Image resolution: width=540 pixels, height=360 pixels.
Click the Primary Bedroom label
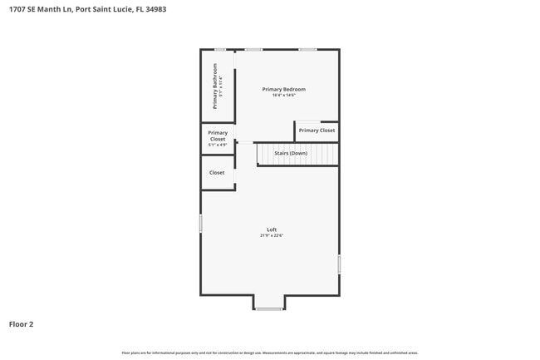click(x=283, y=89)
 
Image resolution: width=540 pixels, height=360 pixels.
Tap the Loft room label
click(x=271, y=229)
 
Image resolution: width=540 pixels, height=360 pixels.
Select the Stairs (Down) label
click(x=291, y=153)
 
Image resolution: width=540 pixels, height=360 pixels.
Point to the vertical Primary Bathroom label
click(x=215, y=86)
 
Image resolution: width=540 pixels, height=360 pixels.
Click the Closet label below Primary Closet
click(x=217, y=173)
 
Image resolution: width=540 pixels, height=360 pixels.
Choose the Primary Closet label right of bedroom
click(x=317, y=131)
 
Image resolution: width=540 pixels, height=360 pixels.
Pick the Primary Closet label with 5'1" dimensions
click(x=218, y=136)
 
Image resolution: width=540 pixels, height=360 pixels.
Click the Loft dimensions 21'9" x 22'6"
click(x=271, y=236)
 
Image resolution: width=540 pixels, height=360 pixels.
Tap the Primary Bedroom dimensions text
click(x=283, y=96)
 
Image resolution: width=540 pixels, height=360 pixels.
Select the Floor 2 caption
click(x=21, y=324)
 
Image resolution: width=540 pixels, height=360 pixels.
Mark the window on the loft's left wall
click(x=200, y=224)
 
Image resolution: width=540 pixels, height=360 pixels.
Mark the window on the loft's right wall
click(x=339, y=264)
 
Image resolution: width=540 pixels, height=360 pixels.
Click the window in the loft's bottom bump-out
click(x=268, y=309)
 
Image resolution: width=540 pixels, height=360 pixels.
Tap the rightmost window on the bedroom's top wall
click(x=307, y=50)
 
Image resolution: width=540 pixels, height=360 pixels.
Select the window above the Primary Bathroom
click(x=220, y=50)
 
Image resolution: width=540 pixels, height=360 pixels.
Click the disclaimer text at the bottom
click(x=270, y=353)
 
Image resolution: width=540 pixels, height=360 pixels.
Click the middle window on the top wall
click(x=253, y=50)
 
